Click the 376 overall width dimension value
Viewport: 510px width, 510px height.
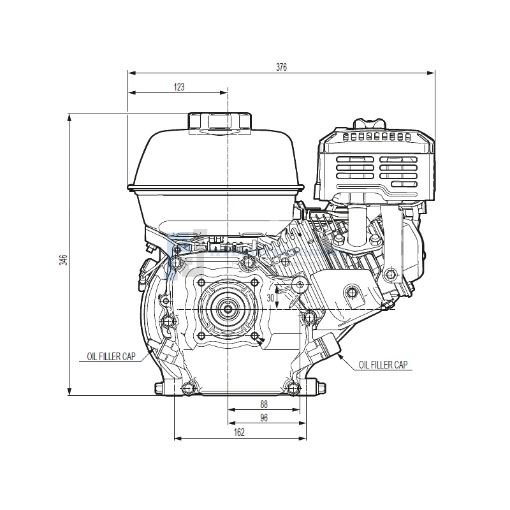281,67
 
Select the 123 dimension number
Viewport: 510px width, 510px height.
179,87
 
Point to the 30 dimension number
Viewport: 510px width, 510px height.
270,298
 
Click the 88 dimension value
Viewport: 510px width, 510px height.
264,404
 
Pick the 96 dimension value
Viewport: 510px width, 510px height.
264,418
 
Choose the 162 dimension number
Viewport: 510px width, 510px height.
239,432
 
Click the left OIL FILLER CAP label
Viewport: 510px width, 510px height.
111,356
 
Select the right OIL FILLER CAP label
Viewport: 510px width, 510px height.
383,365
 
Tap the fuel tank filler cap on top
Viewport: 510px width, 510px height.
220,122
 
